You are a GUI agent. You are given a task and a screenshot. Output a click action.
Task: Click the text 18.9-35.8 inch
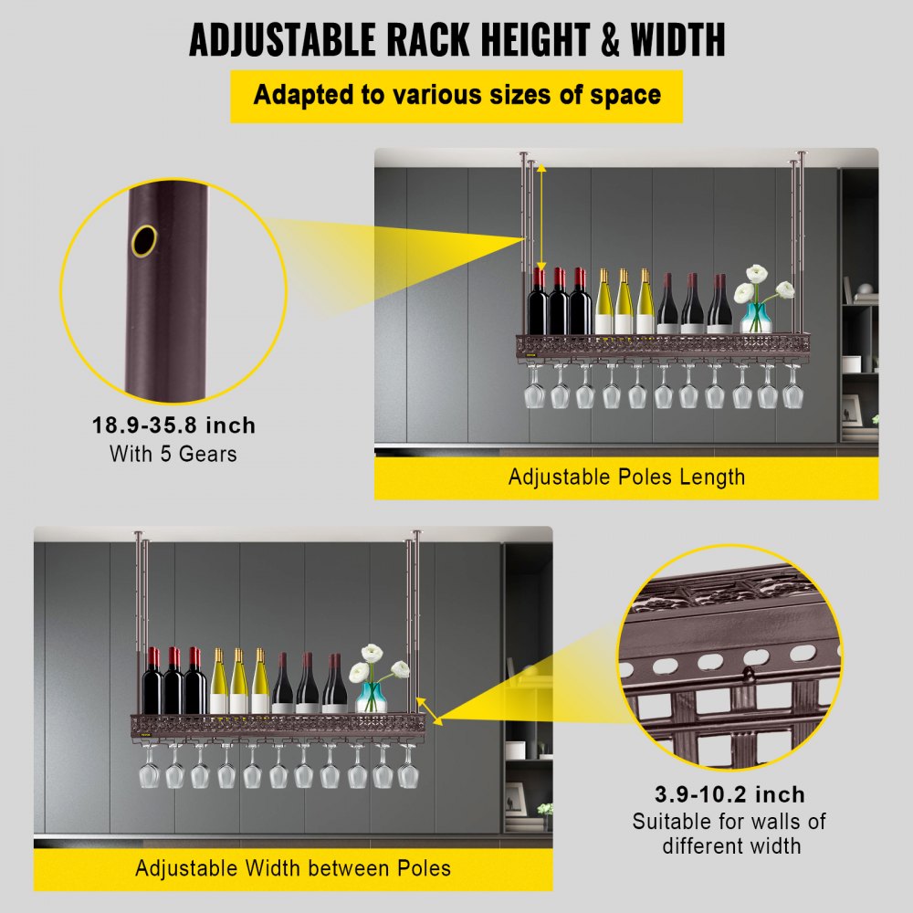coord(173,425)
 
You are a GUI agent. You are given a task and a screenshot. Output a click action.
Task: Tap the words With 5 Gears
coord(173,453)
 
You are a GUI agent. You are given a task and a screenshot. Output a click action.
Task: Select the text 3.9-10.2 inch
coord(729,794)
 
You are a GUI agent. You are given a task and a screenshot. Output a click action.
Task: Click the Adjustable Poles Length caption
coord(626,477)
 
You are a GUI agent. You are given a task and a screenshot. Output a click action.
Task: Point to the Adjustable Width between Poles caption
coord(293,867)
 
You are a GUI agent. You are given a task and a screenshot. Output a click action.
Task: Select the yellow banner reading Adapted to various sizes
coord(456,96)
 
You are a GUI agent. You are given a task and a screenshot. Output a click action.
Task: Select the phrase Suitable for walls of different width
coord(729,833)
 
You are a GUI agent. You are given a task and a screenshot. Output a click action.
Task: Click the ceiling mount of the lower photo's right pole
coord(417,534)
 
